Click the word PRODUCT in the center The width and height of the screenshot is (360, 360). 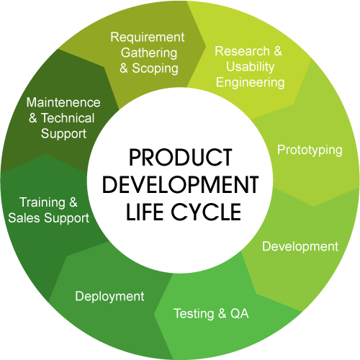click(181, 157)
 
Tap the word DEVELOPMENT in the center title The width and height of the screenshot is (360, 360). click(181, 184)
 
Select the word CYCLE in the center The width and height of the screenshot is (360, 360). click(206, 212)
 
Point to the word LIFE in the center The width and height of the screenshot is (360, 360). click(145, 212)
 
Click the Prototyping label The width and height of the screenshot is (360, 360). click(310, 150)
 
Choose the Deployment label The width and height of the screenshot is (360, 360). click(109, 297)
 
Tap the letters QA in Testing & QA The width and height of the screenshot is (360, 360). click(240, 313)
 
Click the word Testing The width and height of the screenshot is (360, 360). click(194, 314)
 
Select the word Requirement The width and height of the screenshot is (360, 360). click(148, 37)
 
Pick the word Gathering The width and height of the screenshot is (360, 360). click(149, 53)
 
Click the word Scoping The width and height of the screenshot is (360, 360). click(155, 68)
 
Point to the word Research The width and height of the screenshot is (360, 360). click(242, 51)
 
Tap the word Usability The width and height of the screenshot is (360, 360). click(251, 66)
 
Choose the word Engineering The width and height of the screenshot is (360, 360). click(251, 83)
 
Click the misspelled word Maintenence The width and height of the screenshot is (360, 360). click(63, 102)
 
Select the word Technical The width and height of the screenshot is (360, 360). click(68, 118)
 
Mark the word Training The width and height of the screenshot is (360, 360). click(42, 203)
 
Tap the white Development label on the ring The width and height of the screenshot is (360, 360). click(300, 247)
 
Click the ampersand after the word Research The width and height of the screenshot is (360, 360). click(278, 51)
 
